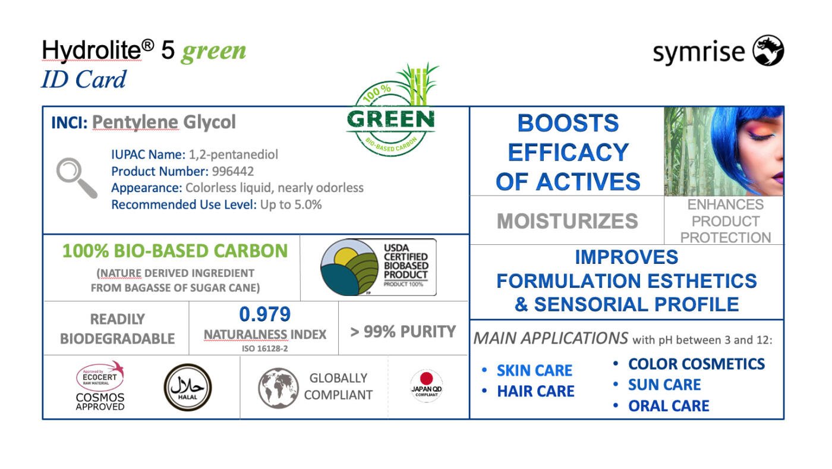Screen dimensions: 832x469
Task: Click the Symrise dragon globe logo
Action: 768,51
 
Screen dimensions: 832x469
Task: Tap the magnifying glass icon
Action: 77,178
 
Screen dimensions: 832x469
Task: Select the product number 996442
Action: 233,171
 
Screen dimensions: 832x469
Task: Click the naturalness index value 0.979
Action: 265,314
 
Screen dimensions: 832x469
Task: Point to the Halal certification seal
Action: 188,387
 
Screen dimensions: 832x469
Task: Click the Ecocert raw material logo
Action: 100,375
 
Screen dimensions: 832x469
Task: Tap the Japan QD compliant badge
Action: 427,386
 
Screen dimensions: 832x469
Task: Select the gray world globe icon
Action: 278,388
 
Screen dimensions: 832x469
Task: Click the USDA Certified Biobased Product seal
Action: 378,267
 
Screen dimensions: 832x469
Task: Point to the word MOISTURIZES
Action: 567,221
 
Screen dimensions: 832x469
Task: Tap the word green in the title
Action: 213,51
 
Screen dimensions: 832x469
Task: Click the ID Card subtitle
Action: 84,79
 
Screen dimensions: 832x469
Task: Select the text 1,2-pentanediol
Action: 233,155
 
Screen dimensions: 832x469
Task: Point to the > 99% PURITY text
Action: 403,332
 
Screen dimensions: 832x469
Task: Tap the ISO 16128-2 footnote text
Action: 265,348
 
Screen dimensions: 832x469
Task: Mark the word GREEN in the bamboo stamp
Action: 390,119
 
